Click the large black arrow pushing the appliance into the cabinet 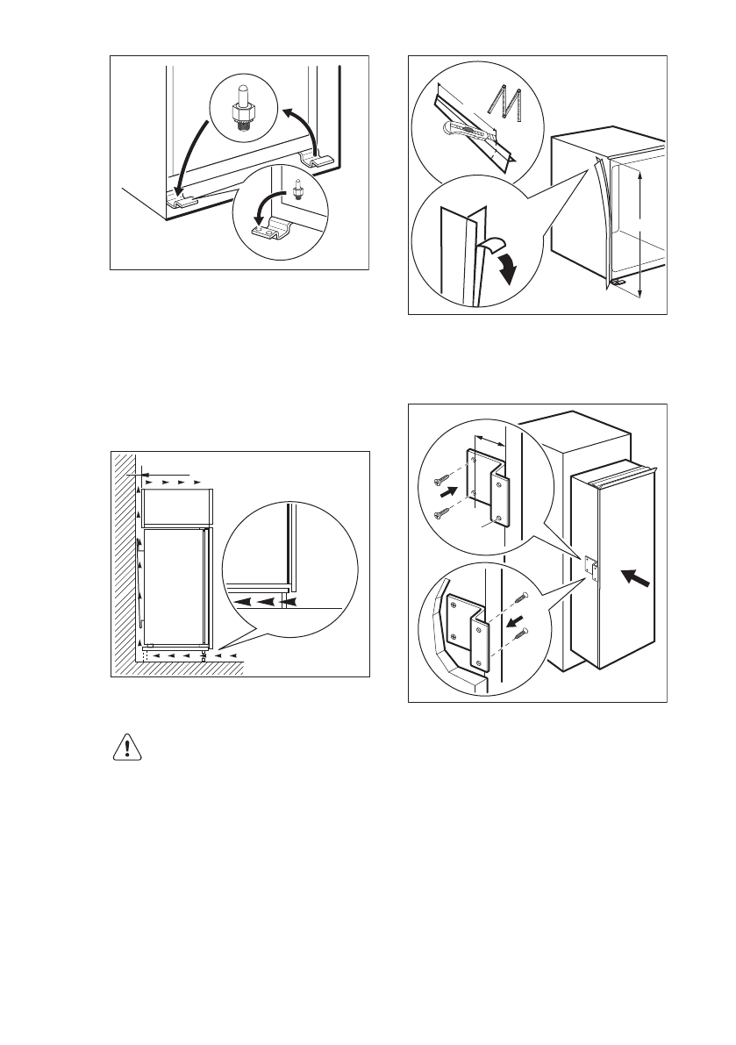pos(639,582)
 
